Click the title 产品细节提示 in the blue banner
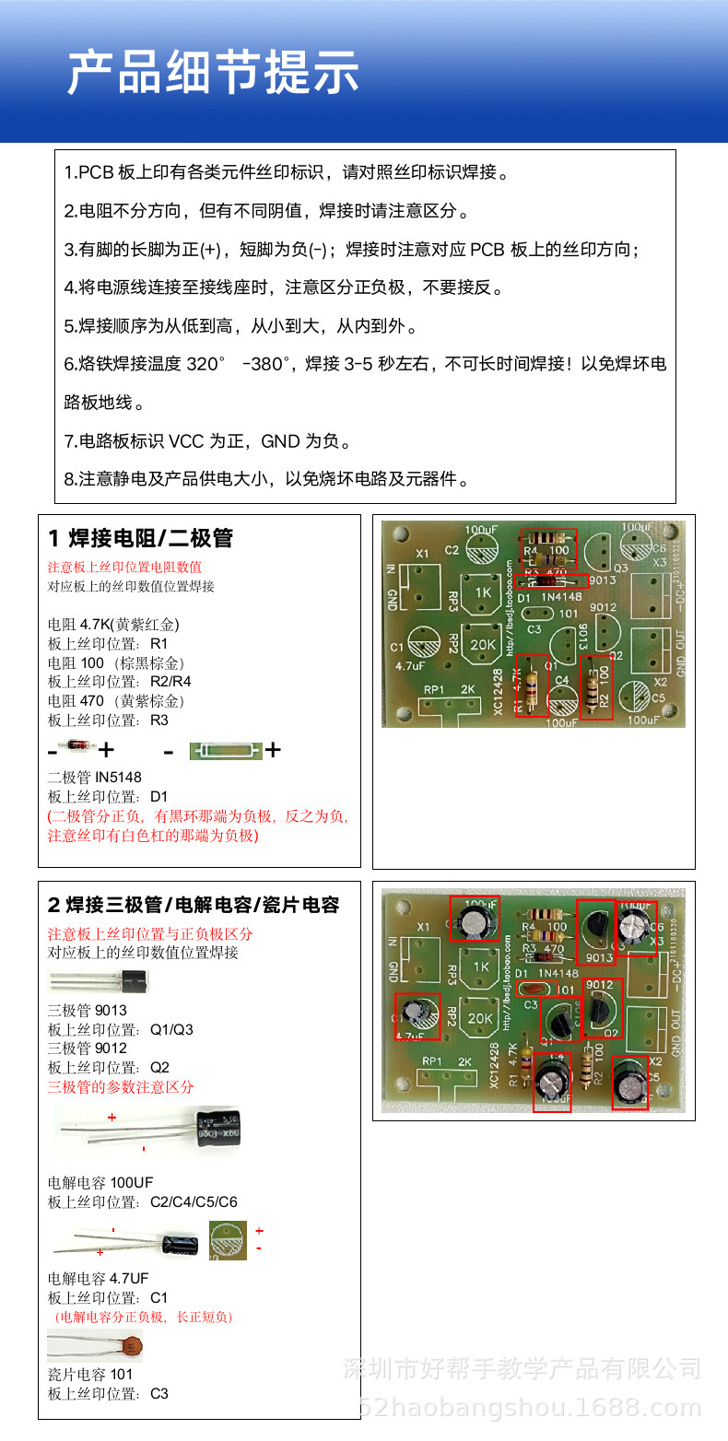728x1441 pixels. coord(213,74)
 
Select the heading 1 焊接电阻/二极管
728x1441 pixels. coord(140,539)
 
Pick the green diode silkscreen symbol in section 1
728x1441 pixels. coord(226,751)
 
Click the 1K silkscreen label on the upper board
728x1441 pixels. coord(483,592)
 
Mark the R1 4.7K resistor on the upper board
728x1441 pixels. coord(531,685)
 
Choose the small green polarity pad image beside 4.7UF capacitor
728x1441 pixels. coord(228,1239)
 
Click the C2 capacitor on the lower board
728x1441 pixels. coord(475,919)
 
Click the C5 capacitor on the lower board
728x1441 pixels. coord(630,1083)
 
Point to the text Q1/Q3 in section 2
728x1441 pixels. coord(171,1029)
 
